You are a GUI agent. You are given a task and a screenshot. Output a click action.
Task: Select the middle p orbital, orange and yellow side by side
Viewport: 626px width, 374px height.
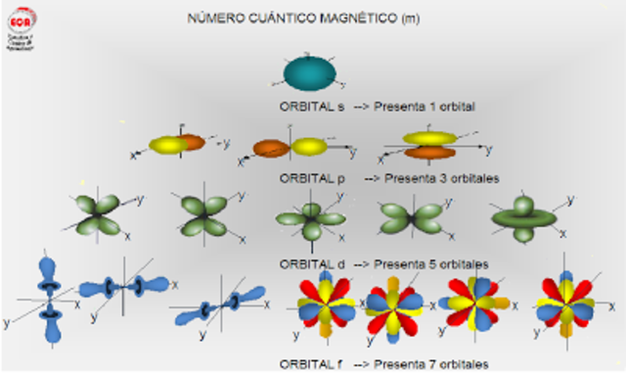tap(291, 148)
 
